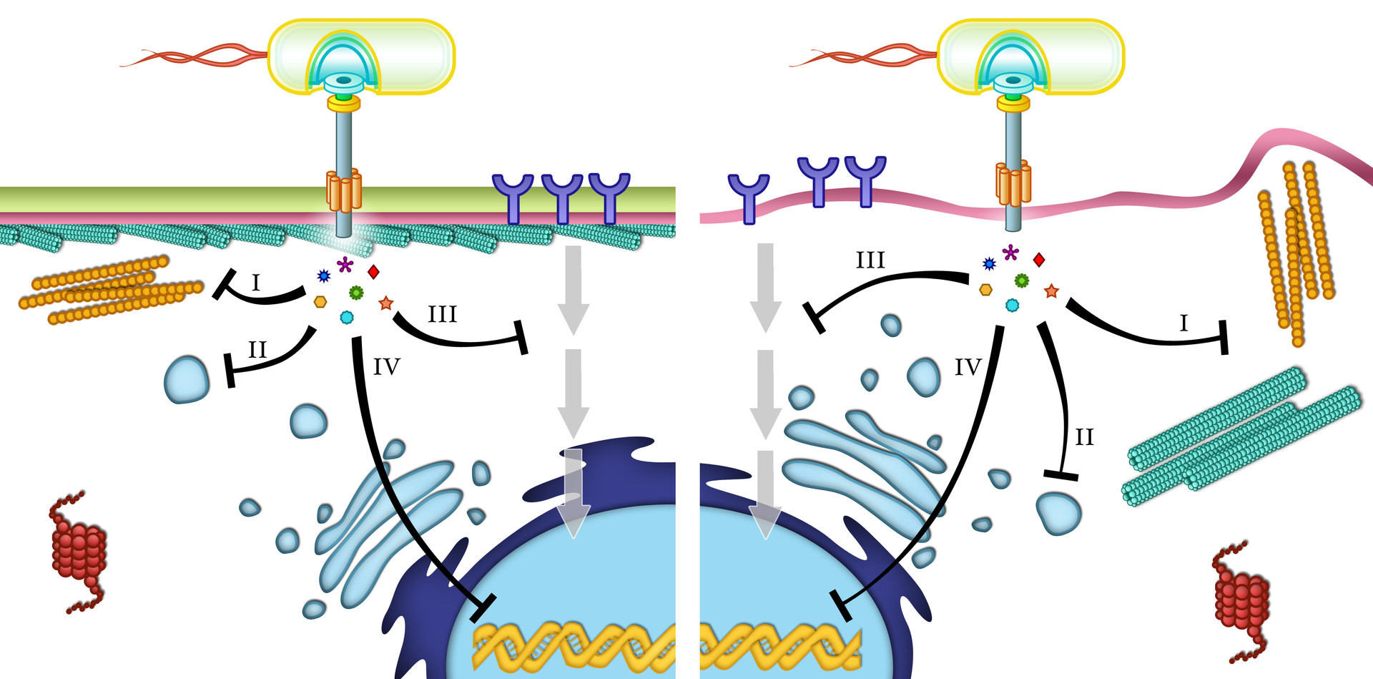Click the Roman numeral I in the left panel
tap(256, 283)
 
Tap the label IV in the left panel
tap(386, 367)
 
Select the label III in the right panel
tap(870, 260)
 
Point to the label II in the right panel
tap(1084, 437)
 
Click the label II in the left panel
tap(257, 350)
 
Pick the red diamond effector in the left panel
tap(373, 272)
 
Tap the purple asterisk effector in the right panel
tap(1010, 252)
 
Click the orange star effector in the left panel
tap(386, 303)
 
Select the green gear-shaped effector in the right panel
tap(1022, 280)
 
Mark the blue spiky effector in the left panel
tap(323, 275)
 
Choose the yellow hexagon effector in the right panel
tap(986, 290)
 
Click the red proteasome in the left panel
tap(79, 551)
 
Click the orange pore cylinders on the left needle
tap(343, 190)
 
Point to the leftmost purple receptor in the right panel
tap(748, 195)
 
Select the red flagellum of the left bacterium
tap(193, 56)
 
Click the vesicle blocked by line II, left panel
tap(187, 379)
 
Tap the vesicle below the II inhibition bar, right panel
tap(1058, 513)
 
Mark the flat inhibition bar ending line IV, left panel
tap(483, 607)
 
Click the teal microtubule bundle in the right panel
tap(1241, 436)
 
